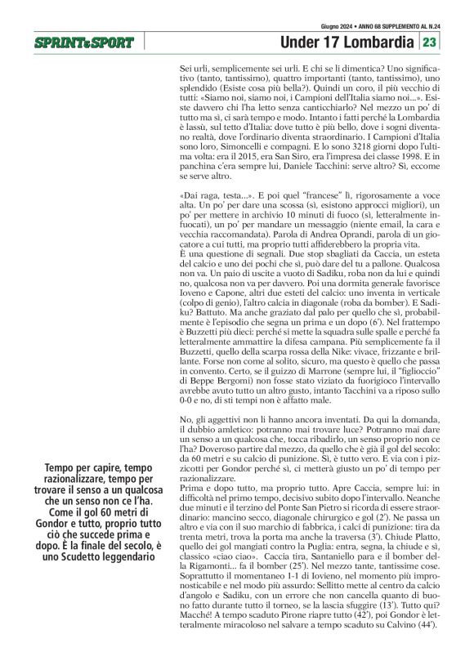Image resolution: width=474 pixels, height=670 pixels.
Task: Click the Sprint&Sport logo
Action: click(83, 42)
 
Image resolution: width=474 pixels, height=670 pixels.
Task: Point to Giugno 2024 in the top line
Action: click(324, 26)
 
